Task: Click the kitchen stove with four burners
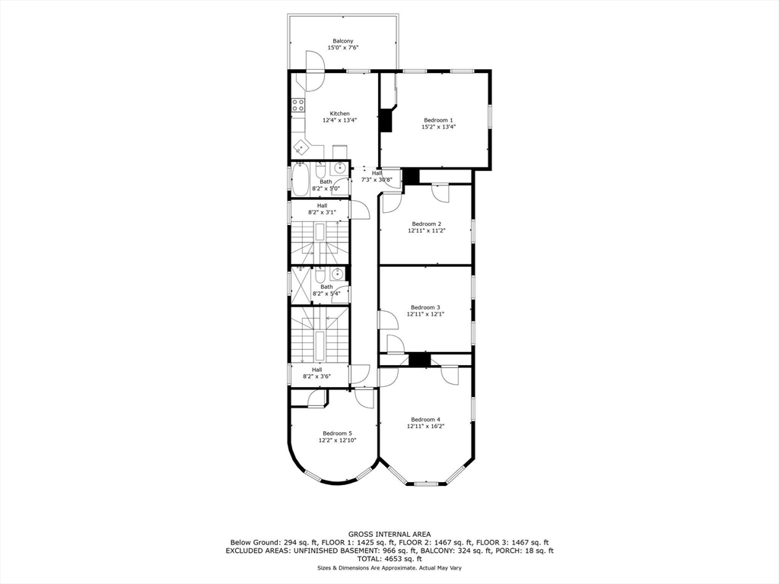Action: (x=298, y=105)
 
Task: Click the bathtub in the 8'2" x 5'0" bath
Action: (x=299, y=181)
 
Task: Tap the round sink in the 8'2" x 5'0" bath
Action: (x=339, y=168)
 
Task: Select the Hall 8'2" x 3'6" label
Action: (x=316, y=373)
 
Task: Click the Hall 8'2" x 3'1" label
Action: (x=322, y=209)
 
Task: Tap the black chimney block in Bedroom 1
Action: (x=386, y=120)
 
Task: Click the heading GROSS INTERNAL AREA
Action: (x=389, y=534)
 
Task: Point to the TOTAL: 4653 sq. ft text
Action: (x=389, y=559)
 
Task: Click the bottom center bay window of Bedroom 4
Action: (x=426, y=483)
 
